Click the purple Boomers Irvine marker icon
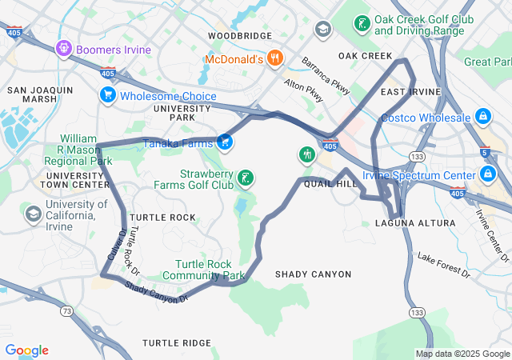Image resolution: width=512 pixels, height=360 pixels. pos(64,50)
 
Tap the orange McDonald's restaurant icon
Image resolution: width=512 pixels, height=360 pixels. pos(274,58)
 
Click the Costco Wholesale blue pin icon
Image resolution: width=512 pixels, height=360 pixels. pos(482,118)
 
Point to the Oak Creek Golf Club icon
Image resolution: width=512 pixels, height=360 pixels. pos(362,23)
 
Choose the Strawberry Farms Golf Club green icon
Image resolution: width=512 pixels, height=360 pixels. pos(246,178)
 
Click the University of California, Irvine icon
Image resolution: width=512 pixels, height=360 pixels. pos(34,214)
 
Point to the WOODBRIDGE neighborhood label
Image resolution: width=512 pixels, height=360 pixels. pos(240,36)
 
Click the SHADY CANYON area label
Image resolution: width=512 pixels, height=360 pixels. pos(313,274)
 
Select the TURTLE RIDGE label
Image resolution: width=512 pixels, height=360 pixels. pos(176,342)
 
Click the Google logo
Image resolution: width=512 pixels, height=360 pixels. pos(26,350)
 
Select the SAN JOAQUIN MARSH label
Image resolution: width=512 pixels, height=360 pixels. pos(40,94)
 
